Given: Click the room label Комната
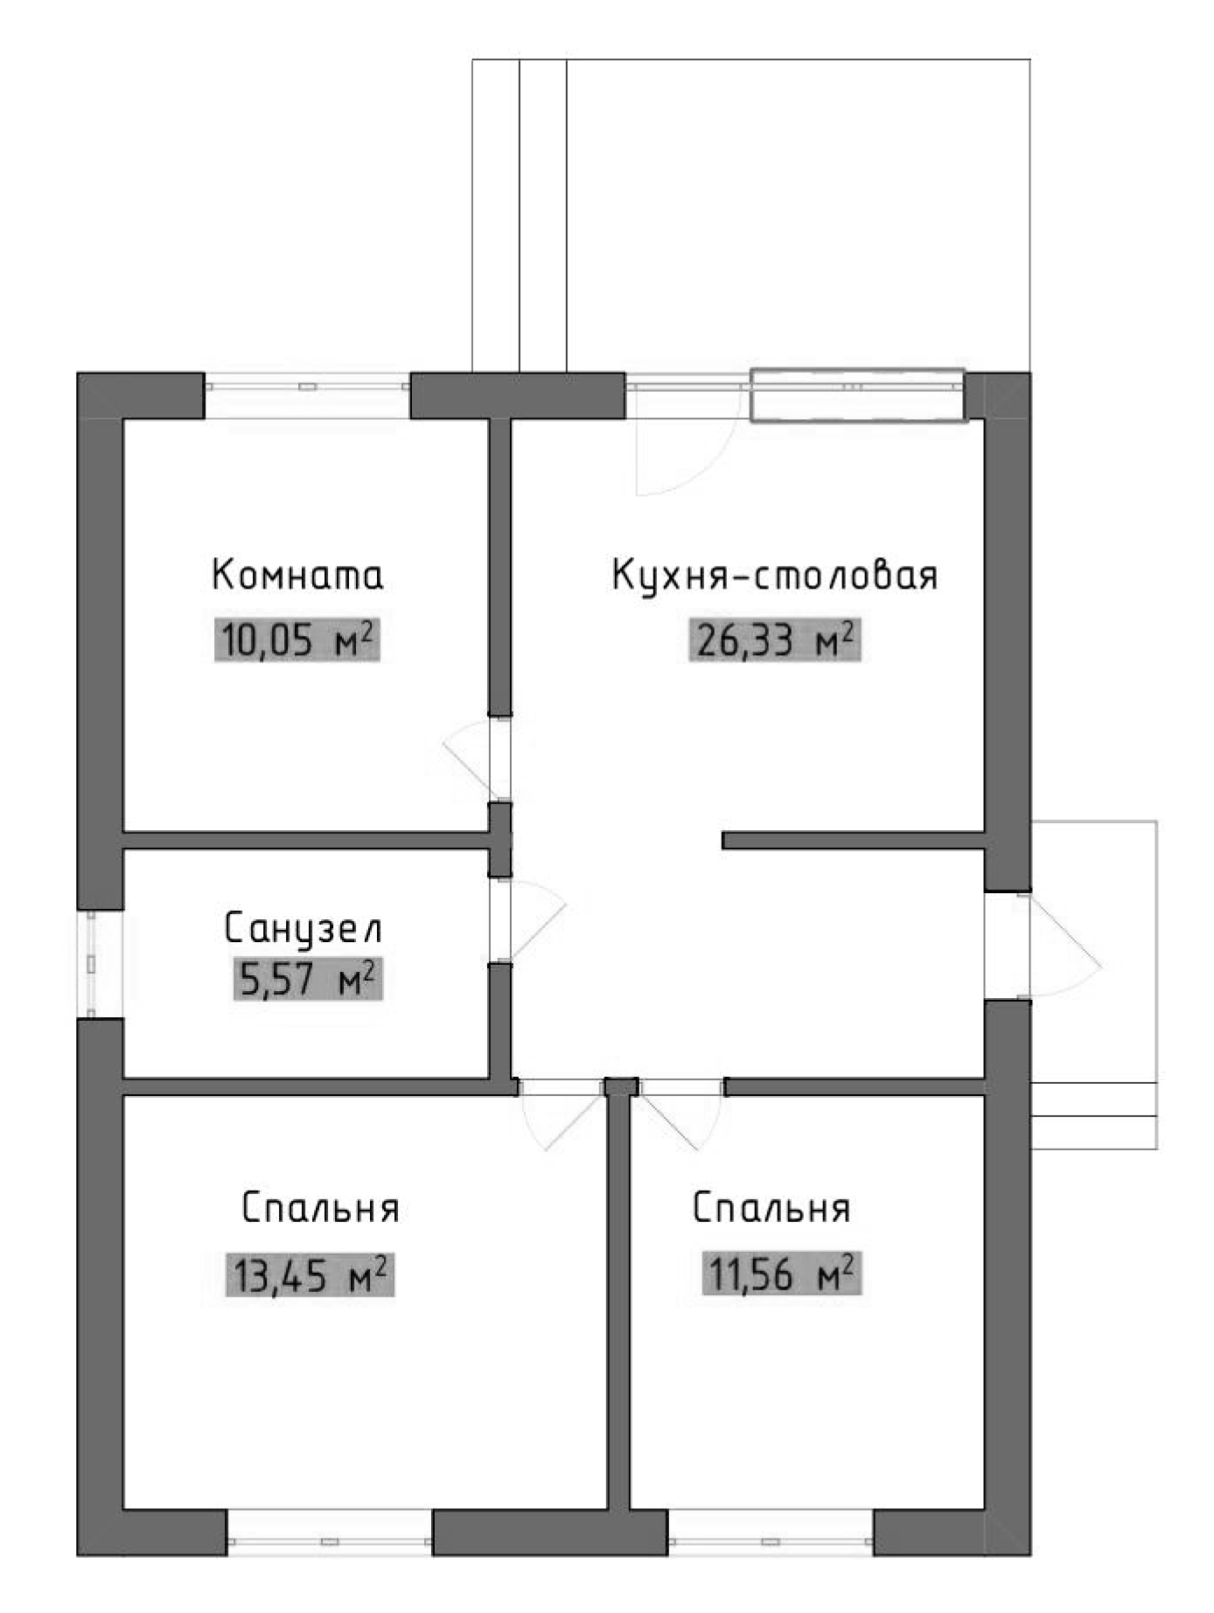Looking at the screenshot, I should pyautogui.click(x=297, y=576).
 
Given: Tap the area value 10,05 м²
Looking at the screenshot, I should pyautogui.click(x=297, y=639).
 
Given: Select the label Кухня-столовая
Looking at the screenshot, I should pyautogui.click(x=774, y=576).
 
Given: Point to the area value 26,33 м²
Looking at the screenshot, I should pyautogui.click(x=774, y=639).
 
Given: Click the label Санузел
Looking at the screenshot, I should pyautogui.click(x=303, y=929).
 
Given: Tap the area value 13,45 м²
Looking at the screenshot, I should pyautogui.click(x=309, y=1274).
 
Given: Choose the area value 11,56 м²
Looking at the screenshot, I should pyautogui.click(x=782, y=1274).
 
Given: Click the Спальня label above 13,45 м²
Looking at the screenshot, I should pyautogui.click(x=320, y=1208).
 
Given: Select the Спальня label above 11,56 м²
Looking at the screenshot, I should pyautogui.click(x=771, y=1208).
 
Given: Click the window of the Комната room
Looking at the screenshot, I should pyautogui.click(x=307, y=386).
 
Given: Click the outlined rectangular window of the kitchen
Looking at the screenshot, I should pyautogui.click(x=858, y=395).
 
